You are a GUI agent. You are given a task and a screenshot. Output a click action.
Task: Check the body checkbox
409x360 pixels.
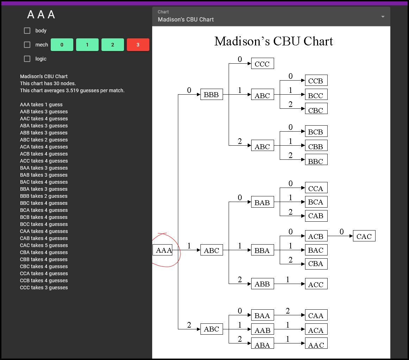(27, 31)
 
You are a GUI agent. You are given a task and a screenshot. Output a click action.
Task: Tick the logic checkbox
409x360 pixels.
(27, 59)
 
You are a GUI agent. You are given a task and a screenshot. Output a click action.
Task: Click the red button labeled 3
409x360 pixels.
(138, 45)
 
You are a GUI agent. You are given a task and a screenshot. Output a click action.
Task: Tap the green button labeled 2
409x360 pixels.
(113, 45)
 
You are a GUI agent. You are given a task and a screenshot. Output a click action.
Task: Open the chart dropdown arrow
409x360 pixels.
(383, 17)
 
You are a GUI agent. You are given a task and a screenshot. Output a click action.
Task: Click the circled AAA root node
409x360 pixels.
(162, 250)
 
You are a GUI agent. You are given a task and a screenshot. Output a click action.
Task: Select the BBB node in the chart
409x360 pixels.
(211, 95)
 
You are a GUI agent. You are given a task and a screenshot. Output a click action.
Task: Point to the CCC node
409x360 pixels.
(262, 64)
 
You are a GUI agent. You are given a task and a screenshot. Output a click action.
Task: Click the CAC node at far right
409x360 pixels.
(364, 236)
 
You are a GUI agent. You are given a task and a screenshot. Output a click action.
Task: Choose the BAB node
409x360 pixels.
(262, 202)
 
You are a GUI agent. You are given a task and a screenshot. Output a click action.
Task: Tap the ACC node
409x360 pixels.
(316, 284)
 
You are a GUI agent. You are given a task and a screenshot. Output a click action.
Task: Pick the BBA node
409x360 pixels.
(262, 250)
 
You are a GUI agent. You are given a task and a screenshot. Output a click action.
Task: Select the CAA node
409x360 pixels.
(316, 315)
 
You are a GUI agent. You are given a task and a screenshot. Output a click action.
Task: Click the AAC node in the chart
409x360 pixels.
(316, 343)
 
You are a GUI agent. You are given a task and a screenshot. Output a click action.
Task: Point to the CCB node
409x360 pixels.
(316, 81)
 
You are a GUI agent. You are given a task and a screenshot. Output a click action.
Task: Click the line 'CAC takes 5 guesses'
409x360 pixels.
(44, 245)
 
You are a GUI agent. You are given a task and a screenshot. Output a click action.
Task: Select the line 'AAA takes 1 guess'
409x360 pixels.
(41, 105)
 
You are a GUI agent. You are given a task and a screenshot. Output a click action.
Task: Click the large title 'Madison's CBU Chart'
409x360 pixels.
(274, 41)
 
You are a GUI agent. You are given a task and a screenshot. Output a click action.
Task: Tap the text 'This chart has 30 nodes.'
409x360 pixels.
(48, 83)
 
